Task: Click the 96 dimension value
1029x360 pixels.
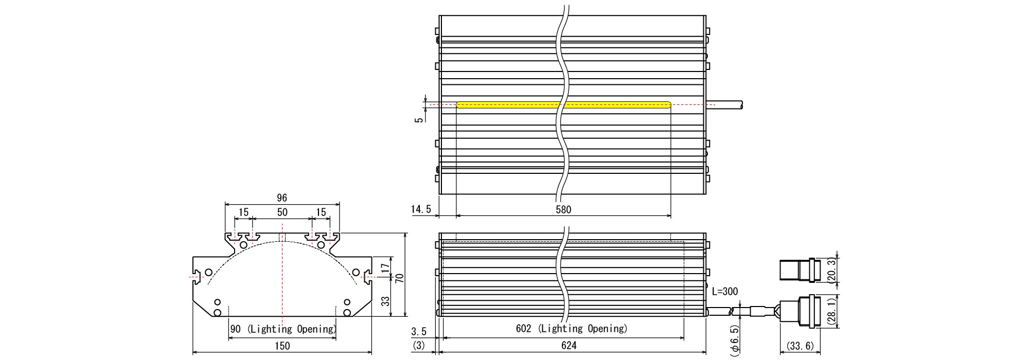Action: click(281, 198)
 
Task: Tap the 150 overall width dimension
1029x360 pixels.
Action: click(282, 346)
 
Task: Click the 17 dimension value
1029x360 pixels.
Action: click(384, 267)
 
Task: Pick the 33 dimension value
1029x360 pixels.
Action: click(384, 301)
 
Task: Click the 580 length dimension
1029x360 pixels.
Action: click(563, 209)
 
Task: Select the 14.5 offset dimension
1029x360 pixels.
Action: click(421, 209)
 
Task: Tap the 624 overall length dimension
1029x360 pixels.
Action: click(569, 346)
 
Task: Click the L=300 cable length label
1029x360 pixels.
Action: click(724, 292)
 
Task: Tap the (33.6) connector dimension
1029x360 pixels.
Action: click(797, 346)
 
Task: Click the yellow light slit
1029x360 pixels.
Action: click(564, 104)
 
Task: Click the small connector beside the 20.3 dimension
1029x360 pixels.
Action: click(798, 271)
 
